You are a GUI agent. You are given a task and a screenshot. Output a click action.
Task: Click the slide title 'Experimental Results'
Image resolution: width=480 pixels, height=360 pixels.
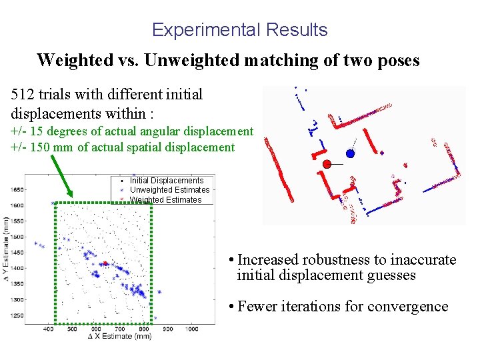(x=239, y=30)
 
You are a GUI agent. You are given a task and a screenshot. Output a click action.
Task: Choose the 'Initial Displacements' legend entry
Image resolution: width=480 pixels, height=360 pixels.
(x=166, y=181)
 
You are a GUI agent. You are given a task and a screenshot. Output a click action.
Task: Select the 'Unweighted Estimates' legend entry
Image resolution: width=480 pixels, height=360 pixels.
(x=169, y=190)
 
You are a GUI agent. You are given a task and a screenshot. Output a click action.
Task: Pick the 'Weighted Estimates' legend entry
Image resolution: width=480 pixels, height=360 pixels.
(x=165, y=199)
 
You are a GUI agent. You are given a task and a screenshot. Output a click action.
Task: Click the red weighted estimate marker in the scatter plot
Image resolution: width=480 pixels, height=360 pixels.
(x=105, y=263)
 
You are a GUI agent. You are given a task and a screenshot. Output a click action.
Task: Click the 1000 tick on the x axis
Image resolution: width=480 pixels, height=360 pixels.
(x=191, y=329)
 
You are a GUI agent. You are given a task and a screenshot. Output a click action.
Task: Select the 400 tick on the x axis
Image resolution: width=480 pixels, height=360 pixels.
(x=49, y=329)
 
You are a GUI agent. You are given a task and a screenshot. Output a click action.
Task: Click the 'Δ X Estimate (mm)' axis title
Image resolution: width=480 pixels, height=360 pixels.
(x=119, y=337)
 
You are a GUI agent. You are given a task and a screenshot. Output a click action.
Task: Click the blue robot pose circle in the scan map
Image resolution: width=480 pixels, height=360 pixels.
(x=351, y=153)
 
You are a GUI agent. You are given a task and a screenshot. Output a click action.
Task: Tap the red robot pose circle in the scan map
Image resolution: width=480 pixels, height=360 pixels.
(x=327, y=164)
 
